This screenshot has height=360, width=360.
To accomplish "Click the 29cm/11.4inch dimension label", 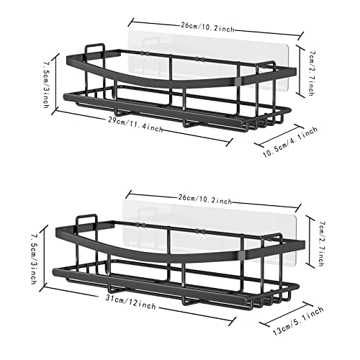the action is (x=135, y=125).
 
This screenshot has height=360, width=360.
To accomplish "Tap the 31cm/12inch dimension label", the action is (x=131, y=302).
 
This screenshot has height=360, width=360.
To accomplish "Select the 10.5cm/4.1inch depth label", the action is (x=290, y=143).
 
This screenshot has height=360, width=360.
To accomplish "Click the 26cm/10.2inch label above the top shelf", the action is (x=208, y=27).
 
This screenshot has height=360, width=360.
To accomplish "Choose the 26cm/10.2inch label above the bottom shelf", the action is (x=205, y=199).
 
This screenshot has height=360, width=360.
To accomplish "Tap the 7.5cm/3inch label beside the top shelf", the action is (x=47, y=85).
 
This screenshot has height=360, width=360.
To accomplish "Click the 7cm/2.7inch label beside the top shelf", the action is (x=312, y=73).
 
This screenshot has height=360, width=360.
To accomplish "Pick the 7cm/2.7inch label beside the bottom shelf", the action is (x=322, y=243).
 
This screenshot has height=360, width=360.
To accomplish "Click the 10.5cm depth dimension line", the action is (x=279, y=135).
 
